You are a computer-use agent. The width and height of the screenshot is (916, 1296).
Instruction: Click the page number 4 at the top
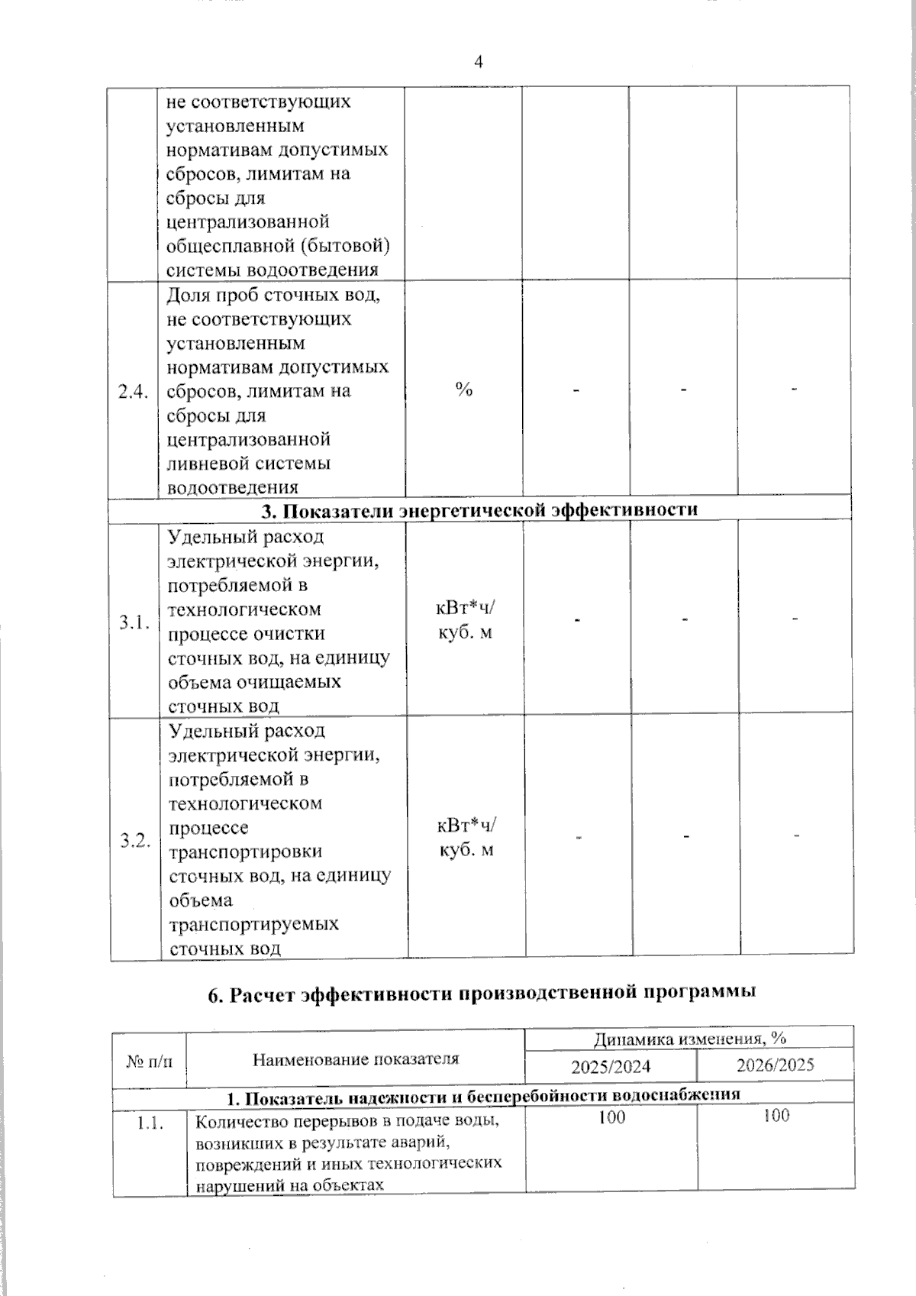pyautogui.click(x=479, y=63)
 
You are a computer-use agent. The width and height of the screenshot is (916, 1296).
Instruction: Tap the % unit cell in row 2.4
pyautogui.click(x=463, y=389)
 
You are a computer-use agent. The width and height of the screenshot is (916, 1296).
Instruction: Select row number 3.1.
pyautogui.click(x=134, y=622)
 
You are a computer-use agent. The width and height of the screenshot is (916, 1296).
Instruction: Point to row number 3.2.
pyautogui.click(x=135, y=841)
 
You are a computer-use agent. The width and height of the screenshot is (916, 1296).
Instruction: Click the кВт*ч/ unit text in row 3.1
pyautogui.click(x=465, y=608)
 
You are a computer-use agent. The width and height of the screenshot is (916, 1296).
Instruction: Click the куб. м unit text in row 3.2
pyautogui.click(x=466, y=850)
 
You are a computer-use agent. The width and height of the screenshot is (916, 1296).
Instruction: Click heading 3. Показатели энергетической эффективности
pyautogui.click(x=480, y=509)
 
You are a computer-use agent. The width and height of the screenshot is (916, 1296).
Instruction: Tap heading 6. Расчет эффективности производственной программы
pyautogui.click(x=482, y=993)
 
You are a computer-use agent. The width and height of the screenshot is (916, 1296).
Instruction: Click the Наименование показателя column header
pyautogui.click(x=356, y=1058)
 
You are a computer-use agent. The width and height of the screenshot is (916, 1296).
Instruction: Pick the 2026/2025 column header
pyautogui.click(x=775, y=1065)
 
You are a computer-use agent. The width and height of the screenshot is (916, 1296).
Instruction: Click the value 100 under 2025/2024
pyautogui.click(x=611, y=1117)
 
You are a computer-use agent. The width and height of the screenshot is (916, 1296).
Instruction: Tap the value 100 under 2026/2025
pyautogui.click(x=776, y=1116)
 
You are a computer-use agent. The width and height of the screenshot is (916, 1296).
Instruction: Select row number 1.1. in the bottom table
pyautogui.click(x=150, y=1123)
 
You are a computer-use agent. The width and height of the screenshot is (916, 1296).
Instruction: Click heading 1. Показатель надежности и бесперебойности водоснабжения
pyautogui.click(x=484, y=1096)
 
